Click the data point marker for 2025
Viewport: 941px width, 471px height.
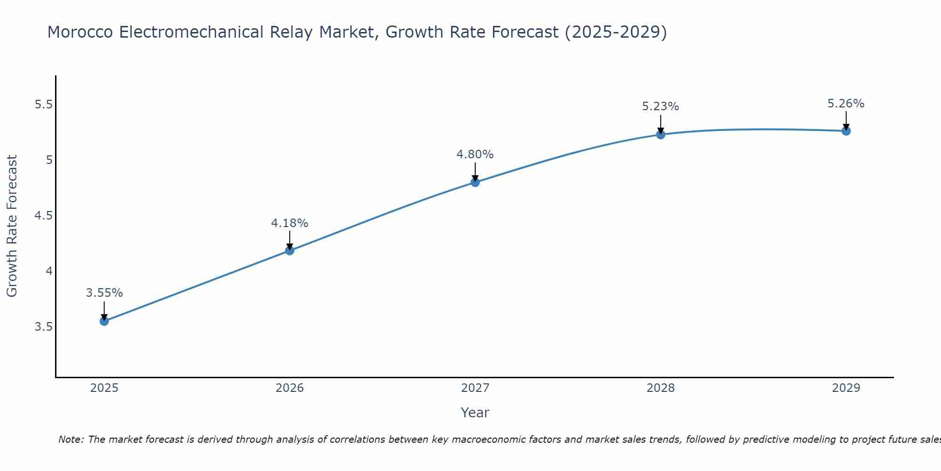[104, 321]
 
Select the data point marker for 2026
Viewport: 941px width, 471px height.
[290, 251]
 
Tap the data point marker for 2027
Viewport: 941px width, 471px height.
[475, 182]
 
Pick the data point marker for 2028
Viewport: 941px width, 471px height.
[661, 135]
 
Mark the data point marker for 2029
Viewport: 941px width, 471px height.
[846, 131]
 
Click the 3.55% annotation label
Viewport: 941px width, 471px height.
[104, 293]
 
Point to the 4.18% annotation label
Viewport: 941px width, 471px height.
[290, 223]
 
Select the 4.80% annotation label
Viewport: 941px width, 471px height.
[475, 154]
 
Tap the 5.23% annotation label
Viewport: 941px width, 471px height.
[661, 106]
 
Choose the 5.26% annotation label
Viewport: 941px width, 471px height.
[846, 104]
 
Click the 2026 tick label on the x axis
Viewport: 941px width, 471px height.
[290, 388]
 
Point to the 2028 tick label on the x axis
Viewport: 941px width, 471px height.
[661, 388]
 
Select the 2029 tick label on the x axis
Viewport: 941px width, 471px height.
[846, 388]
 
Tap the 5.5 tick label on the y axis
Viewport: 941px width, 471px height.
[43, 105]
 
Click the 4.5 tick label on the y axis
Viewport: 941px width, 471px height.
[43, 216]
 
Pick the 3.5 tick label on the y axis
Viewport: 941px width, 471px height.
[43, 327]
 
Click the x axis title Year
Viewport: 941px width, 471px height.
[475, 413]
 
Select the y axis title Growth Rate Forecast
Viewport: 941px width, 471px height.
[12, 226]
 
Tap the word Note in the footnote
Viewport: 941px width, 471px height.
[71, 439]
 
